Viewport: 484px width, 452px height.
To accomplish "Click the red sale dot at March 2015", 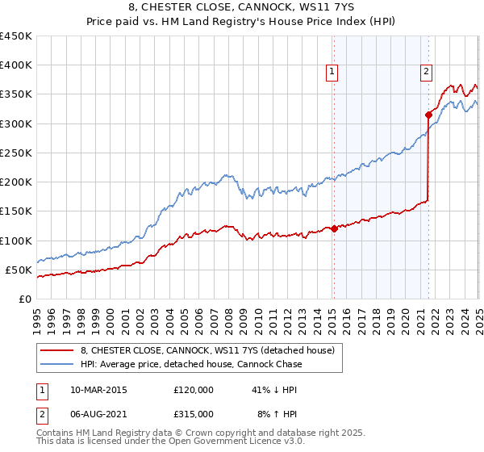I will (334, 229).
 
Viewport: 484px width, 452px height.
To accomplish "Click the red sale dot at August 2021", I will (428, 115).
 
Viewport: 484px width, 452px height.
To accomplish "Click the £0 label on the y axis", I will (24, 299).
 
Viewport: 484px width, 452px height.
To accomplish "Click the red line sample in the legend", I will (57, 350).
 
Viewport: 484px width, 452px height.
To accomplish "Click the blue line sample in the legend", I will (57, 364).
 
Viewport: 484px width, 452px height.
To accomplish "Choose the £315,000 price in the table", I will (194, 413).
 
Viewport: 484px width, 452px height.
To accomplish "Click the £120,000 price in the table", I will (194, 390).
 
